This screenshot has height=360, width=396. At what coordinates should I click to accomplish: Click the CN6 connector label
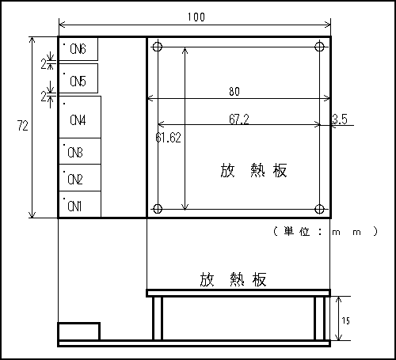pyautogui.click(x=78, y=49)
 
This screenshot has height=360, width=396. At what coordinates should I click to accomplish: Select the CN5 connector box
pyautogui.click(x=78, y=78)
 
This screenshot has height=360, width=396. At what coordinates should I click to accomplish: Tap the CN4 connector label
pyautogui.click(x=78, y=120)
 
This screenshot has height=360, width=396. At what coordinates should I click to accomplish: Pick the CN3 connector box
pyautogui.click(x=79, y=151)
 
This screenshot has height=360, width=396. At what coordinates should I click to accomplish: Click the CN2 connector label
pyautogui.click(x=75, y=180)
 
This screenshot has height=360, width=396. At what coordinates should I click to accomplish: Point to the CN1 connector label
pyautogui.click(x=74, y=206)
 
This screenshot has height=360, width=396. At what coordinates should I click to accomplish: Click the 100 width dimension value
pyautogui.click(x=196, y=17)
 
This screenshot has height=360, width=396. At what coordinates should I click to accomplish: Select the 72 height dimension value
pyautogui.click(x=23, y=126)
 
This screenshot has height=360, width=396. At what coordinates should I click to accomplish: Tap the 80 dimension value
pyautogui.click(x=234, y=92)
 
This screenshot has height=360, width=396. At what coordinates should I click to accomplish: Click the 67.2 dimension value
pyautogui.click(x=239, y=119)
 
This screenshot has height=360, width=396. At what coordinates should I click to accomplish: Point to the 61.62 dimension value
pyautogui.click(x=168, y=138)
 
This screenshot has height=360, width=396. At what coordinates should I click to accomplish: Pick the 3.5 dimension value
pyautogui.click(x=340, y=119)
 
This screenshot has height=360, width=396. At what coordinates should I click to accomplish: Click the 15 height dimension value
pyautogui.click(x=345, y=320)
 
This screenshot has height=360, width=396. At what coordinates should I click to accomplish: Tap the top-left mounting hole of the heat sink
pyautogui.click(x=158, y=47)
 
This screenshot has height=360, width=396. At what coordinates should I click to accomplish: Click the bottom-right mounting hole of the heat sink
pyautogui.click(x=319, y=209)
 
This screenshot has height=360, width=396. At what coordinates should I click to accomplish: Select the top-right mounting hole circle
pyautogui.click(x=319, y=47)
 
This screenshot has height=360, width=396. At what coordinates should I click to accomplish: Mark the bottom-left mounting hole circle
pyautogui.click(x=158, y=209)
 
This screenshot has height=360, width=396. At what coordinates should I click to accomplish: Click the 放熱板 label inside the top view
pyautogui.click(x=253, y=170)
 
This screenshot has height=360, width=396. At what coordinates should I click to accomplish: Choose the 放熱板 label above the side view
pyautogui.click(x=233, y=279)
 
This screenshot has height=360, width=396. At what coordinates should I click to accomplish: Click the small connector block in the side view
pyautogui.click(x=78, y=332)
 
